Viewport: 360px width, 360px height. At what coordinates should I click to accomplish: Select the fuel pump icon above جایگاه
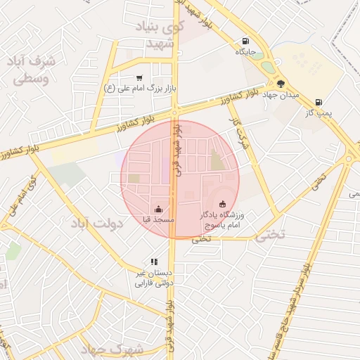(245, 41)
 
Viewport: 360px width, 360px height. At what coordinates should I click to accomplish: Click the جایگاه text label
(245, 52)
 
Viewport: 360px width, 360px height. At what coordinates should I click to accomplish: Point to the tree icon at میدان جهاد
(281, 84)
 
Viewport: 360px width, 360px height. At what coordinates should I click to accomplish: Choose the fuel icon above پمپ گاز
(319, 101)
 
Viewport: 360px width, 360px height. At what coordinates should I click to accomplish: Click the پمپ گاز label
(319, 112)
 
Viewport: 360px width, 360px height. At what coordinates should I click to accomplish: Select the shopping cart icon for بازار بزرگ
(139, 77)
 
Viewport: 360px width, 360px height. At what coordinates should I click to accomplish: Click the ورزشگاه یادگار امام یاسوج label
(223, 220)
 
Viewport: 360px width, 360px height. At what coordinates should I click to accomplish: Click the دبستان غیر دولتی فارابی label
(153, 278)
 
